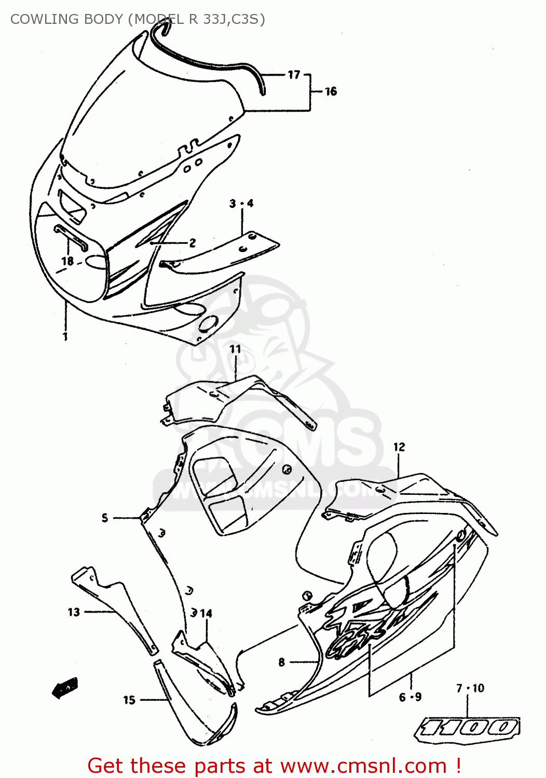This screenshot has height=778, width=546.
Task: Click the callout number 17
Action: (294, 75)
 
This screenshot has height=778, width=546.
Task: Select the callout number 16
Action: (331, 92)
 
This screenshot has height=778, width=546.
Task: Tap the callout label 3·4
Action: (241, 203)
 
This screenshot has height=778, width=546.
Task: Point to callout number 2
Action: (193, 243)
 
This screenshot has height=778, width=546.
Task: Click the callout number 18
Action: (67, 261)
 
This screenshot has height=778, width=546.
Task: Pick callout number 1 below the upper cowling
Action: (65, 337)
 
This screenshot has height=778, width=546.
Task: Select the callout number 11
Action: (236, 349)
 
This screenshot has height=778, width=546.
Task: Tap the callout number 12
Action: (399, 447)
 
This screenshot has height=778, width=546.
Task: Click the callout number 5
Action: (105, 518)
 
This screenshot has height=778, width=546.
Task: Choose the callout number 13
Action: (74, 612)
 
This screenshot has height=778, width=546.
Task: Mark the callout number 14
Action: (206, 614)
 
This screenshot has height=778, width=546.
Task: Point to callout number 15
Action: (129, 700)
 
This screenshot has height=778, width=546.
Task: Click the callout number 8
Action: (281, 662)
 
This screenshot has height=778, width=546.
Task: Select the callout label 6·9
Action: (410, 698)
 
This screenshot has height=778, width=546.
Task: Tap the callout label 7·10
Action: (470, 688)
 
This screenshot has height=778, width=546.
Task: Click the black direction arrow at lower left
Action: (65, 688)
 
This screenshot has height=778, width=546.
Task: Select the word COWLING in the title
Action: (39, 19)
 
